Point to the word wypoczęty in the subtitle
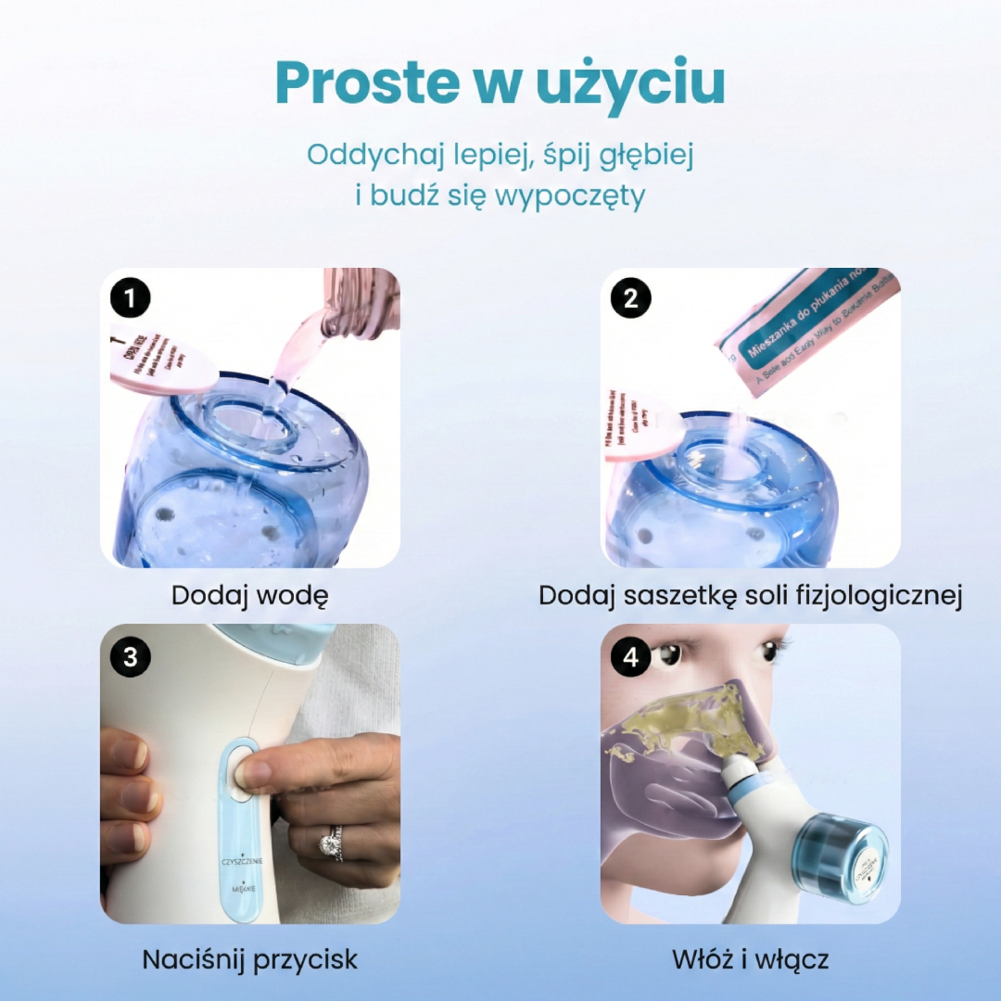(x=570, y=196)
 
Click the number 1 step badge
(x=131, y=298)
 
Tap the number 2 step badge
(x=631, y=298)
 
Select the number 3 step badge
(x=131, y=655)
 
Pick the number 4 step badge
(x=631, y=655)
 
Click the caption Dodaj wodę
(x=249, y=596)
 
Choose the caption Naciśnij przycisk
(x=249, y=959)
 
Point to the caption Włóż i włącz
(x=750, y=959)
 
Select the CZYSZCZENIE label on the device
(x=242, y=862)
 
